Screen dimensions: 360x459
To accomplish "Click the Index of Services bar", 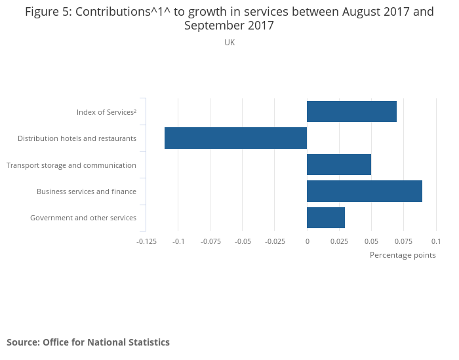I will tap(351, 111).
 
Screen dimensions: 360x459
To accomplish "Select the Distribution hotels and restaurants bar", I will tap(235, 138).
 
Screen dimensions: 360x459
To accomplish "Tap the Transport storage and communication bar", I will tap(339, 165).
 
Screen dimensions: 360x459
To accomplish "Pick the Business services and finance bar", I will tap(365, 191).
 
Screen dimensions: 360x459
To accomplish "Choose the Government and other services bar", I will tap(326, 218).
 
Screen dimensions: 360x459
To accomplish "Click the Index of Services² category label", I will tap(106, 112).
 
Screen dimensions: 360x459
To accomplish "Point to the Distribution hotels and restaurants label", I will tap(77, 138).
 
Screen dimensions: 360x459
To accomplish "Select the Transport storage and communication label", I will tap(71, 165).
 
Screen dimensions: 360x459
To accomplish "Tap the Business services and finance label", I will tap(87, 191).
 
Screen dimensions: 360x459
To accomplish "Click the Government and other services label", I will tap(83, 218).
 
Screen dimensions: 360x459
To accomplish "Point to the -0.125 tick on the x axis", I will tap(146, 241).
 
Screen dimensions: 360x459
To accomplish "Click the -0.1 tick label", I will tap(178, 241).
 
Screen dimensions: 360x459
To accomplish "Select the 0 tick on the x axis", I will tap(307, 241).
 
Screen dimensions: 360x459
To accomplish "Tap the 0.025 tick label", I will tap(339, 241).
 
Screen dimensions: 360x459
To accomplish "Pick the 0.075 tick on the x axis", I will tap(403, 241).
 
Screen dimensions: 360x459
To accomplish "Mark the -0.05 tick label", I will tap(243, 241).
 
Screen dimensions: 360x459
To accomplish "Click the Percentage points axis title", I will tap(403, 255).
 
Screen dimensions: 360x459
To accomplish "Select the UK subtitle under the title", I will tap(229, 43).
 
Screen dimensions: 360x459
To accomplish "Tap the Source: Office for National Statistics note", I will tap(88, 342).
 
